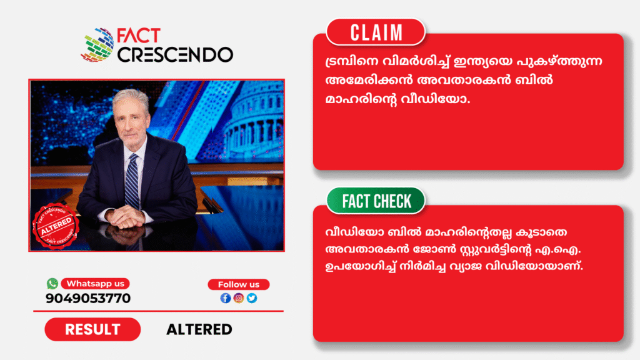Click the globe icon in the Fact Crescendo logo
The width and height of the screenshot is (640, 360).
point(97,44)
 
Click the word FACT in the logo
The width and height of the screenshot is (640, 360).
point(138,36)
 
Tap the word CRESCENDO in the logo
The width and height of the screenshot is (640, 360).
point(175,55)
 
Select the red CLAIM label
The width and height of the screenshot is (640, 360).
point(376,32)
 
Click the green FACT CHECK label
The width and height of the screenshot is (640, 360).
point(376,201)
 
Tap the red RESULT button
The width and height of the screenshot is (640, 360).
point(92,329)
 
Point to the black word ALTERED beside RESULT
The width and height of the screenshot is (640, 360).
point(199,329)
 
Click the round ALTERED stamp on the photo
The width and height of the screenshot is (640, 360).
point(56,226)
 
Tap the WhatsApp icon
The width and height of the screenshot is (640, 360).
point(52,283)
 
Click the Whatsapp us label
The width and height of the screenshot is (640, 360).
point(95,283)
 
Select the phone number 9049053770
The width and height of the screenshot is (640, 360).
point(88,298)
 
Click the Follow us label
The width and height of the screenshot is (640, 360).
point(238,284)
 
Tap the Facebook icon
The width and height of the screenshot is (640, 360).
point(225,298)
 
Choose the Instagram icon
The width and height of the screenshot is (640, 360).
point(239,298)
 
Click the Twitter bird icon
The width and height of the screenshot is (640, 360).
point(252,298)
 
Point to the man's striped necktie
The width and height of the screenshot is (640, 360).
point(132,181)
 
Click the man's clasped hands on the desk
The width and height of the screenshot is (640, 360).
point(126,216)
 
